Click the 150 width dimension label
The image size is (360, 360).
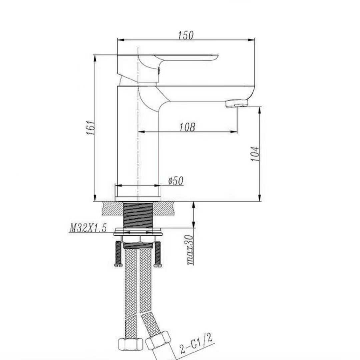186,35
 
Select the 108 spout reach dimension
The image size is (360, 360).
187,127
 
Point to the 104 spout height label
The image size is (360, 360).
255,154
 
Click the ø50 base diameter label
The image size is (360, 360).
176,181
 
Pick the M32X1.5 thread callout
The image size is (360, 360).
88,228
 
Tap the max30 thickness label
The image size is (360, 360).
190,250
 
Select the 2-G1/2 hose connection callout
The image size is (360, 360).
196,344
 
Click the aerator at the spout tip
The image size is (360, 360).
237,103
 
